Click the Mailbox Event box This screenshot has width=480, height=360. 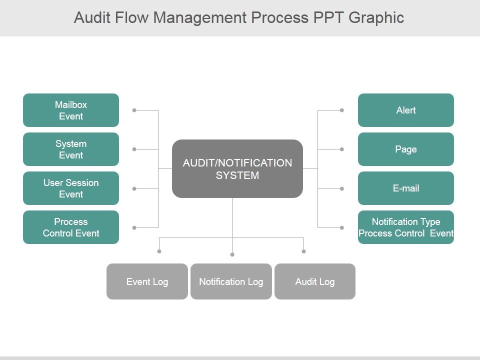point(71,110)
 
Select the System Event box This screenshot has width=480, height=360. point(71,149)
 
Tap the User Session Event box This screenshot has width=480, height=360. point(71,188)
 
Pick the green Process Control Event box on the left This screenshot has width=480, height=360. point(71,227)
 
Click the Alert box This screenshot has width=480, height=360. point(405,110)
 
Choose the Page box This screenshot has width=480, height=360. point(405,149)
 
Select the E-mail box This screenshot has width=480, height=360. point(405,188)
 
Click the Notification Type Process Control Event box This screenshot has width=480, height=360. point(405,227)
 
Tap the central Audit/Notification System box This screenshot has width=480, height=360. point(237,169)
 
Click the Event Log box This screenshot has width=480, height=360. point(147,281)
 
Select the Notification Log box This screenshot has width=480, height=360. point(231,281)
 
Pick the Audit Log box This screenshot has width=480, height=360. point(314,281)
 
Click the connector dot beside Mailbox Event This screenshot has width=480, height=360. point(134,110)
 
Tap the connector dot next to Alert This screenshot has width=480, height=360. point(342,110)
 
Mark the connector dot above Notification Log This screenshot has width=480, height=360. point(232,254)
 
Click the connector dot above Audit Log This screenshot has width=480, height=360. point(303,251)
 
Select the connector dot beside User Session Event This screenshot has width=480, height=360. point(134,188)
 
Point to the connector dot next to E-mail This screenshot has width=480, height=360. point(342,188)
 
